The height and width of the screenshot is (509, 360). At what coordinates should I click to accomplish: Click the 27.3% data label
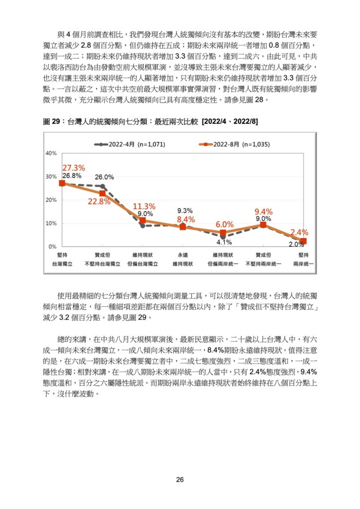point(74,168)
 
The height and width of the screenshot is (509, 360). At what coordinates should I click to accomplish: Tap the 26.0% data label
point(104,177)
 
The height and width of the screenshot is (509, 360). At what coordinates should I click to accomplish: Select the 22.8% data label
point(99,202)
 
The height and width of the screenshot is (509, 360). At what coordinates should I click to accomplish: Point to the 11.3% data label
point(144,206)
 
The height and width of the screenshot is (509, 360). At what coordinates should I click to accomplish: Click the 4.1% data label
point(224,242)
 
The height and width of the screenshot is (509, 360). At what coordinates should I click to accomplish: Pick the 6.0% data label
point(225,224)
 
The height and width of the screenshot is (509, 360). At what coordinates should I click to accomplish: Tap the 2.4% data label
point(299,233)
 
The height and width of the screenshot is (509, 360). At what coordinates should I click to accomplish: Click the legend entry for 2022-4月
point(129,145)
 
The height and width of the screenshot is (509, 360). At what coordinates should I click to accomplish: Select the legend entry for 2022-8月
point(234,145)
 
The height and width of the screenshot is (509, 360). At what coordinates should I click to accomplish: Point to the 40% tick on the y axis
point(51,153)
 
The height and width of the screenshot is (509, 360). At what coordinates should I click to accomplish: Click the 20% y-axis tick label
point(51,200)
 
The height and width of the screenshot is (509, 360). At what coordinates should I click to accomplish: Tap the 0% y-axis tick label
point(53,247)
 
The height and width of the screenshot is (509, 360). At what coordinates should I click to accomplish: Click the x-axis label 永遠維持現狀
point(183,259)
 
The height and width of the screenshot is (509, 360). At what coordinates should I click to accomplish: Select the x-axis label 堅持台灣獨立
point(62,259)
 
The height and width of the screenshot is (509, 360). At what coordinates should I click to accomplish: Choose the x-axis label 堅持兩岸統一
point(303,259)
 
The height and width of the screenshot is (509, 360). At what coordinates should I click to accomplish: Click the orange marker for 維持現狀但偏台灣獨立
point(143,221)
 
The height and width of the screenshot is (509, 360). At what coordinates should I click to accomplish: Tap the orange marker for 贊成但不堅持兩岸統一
point(263,225)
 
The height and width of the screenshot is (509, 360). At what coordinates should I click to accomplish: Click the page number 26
point(180,480)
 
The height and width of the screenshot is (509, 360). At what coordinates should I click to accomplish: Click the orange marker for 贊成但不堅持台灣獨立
point(102,193)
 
